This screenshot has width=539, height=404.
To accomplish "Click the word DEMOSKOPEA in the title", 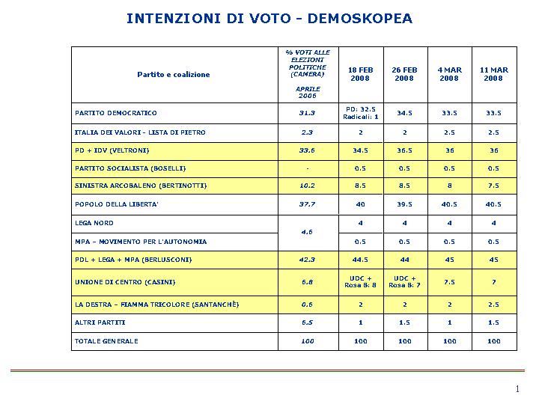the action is point(360,19).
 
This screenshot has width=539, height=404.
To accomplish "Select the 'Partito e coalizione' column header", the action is point(174,75).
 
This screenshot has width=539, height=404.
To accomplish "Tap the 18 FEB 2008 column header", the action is point(360,74).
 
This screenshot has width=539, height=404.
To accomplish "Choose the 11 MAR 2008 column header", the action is point(493,74).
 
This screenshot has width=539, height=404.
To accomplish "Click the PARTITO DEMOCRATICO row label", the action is point(116,113).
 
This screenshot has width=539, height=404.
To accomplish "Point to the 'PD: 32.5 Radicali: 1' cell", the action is point(361,113).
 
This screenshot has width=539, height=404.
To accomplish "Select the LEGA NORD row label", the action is point(94,223).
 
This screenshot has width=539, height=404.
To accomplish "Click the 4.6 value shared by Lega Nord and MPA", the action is point(307,232).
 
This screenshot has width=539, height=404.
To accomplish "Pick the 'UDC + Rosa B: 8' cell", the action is point(360,282).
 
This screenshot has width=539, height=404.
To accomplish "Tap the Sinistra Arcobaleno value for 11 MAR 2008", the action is point(493,186).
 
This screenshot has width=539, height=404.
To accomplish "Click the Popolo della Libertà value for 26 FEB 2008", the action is point(404,204).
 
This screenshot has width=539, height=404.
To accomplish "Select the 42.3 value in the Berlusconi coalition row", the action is point(307,260).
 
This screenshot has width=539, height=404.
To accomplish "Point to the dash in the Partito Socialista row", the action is point(308,168).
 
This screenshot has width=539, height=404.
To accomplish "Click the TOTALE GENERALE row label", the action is point(106,341).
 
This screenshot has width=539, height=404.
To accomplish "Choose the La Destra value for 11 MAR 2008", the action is point(493,304).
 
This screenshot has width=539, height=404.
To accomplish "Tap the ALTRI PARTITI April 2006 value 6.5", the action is point(307,322).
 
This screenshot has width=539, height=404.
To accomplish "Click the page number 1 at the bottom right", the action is point(517,389).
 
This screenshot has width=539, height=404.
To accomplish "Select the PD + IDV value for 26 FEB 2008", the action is point(404,150).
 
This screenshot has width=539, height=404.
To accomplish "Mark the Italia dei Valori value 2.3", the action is point(307,132).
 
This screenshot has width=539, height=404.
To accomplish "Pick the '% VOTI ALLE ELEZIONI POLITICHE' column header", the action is point(308,63).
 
